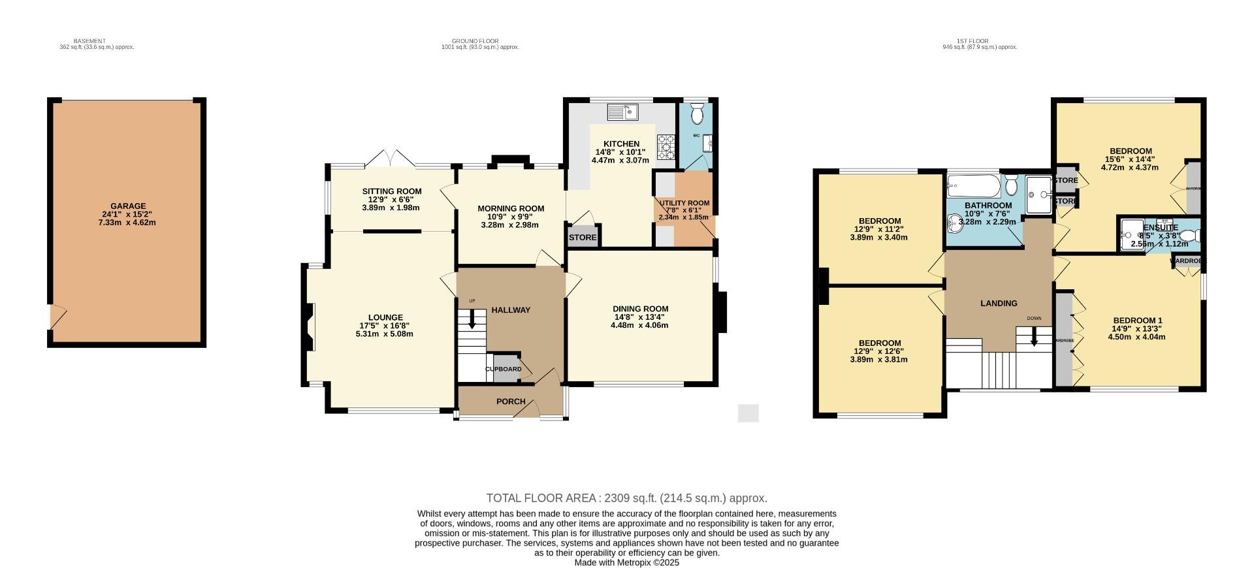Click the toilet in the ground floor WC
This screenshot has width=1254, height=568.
(697, 114)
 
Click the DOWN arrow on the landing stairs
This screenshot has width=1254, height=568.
(1034, 336)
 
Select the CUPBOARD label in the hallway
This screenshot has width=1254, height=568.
(504, 369)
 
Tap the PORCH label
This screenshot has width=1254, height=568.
(511, 402)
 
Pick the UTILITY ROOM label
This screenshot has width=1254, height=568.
(684, 203)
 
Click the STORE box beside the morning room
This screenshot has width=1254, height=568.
(583, 237)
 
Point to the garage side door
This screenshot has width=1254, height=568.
(57, 317)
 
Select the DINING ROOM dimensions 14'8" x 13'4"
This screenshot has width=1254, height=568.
(640, 317)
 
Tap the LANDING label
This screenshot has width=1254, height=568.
(999, 303)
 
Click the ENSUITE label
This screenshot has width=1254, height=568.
(1161, 228)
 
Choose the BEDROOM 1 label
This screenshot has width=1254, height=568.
(1137, 320)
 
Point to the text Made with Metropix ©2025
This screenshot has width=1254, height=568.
(626, 562)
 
